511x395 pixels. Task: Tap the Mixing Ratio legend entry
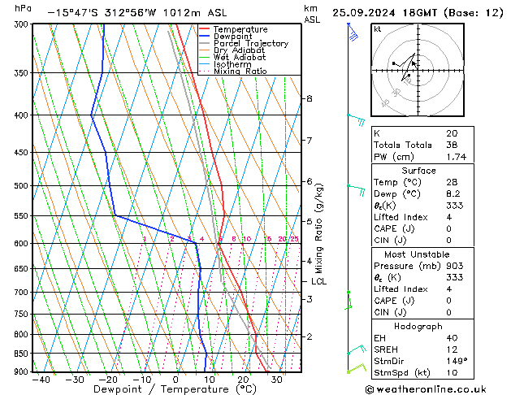tap(240, 72)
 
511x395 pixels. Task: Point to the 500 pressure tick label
tap(21, 186)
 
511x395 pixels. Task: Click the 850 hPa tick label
tap(21, 354)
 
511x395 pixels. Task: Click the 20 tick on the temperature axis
tap(243, 379)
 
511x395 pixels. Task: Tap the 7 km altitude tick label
tap(309, 141)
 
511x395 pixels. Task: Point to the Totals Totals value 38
tap(452, 145)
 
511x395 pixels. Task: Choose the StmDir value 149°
tap(456, 361)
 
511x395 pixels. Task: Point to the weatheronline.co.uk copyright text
tap(437, 388)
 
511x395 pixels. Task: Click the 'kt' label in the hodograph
tap(377, 28)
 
